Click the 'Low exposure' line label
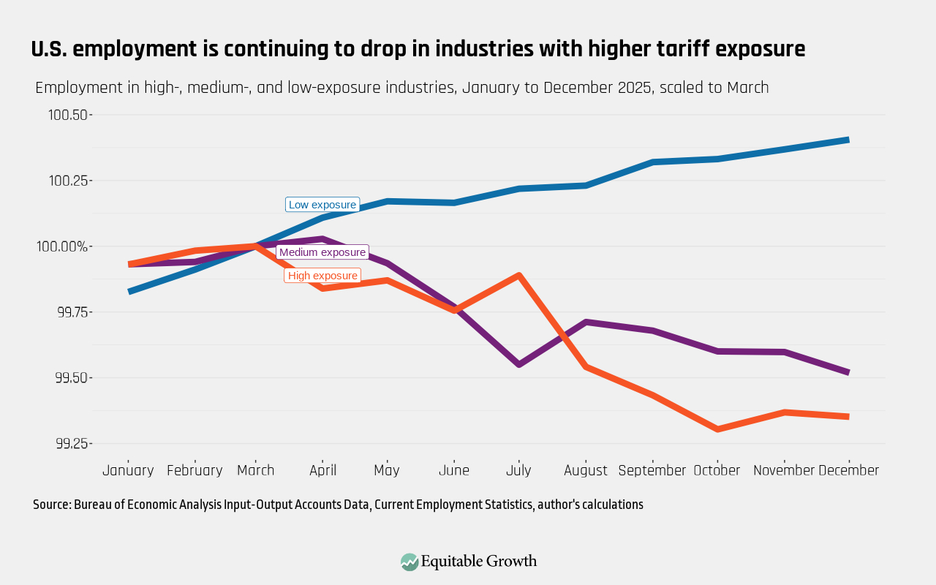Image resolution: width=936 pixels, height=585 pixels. point(322,205)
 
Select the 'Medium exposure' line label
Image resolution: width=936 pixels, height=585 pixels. point(322,252)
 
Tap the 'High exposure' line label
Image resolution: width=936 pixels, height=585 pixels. point(322,276)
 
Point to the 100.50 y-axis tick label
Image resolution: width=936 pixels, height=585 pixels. point(68,115)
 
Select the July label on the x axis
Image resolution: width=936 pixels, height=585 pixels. point(518,470)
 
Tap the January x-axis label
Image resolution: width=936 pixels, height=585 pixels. point(128,470)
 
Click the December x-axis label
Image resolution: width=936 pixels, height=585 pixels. point(849,470)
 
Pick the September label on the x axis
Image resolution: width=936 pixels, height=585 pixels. point(652,470)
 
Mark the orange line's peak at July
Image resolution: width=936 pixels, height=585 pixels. point(518,276)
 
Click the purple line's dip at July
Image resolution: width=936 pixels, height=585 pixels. point(518,364)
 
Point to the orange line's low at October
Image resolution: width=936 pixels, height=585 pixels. point(717,429)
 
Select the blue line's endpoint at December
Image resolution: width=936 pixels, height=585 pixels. point(848,140)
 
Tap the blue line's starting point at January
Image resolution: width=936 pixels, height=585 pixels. point(129,292)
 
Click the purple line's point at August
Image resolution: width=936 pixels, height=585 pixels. point(586,322)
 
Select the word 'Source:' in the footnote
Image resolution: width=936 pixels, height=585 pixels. point(52,505)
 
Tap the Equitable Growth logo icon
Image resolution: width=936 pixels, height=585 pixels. point(409,562)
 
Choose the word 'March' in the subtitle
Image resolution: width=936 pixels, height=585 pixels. point(747,88)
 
